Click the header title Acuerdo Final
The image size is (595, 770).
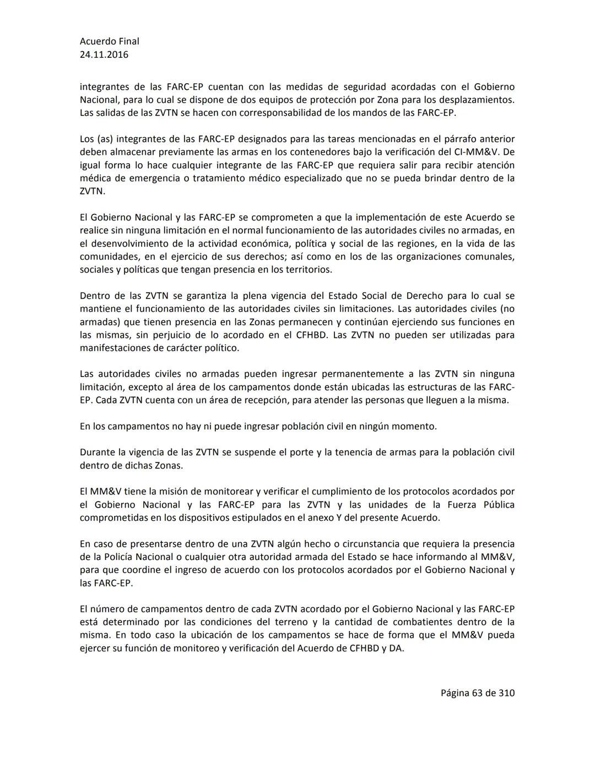pyautogui.click(x=109, y=41)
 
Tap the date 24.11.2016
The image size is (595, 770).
pyautogui.click(x=104, y=55)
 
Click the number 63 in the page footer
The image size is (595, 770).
pyautogui.click(x=477, y=693)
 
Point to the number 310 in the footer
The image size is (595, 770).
pyautogui.click(x=506, y=693)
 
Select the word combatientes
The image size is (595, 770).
pyautogui.click(x=435, y=622)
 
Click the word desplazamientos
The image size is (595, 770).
pyautogui.click(x=477, y=100)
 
